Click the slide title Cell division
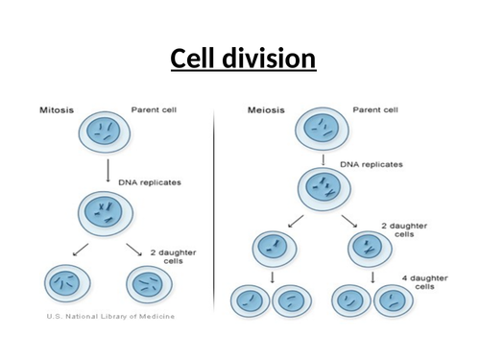[243, 60]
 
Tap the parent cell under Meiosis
[321, 127]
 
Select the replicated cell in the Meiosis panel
[321, 184]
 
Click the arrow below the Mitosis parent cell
[105, 169]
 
